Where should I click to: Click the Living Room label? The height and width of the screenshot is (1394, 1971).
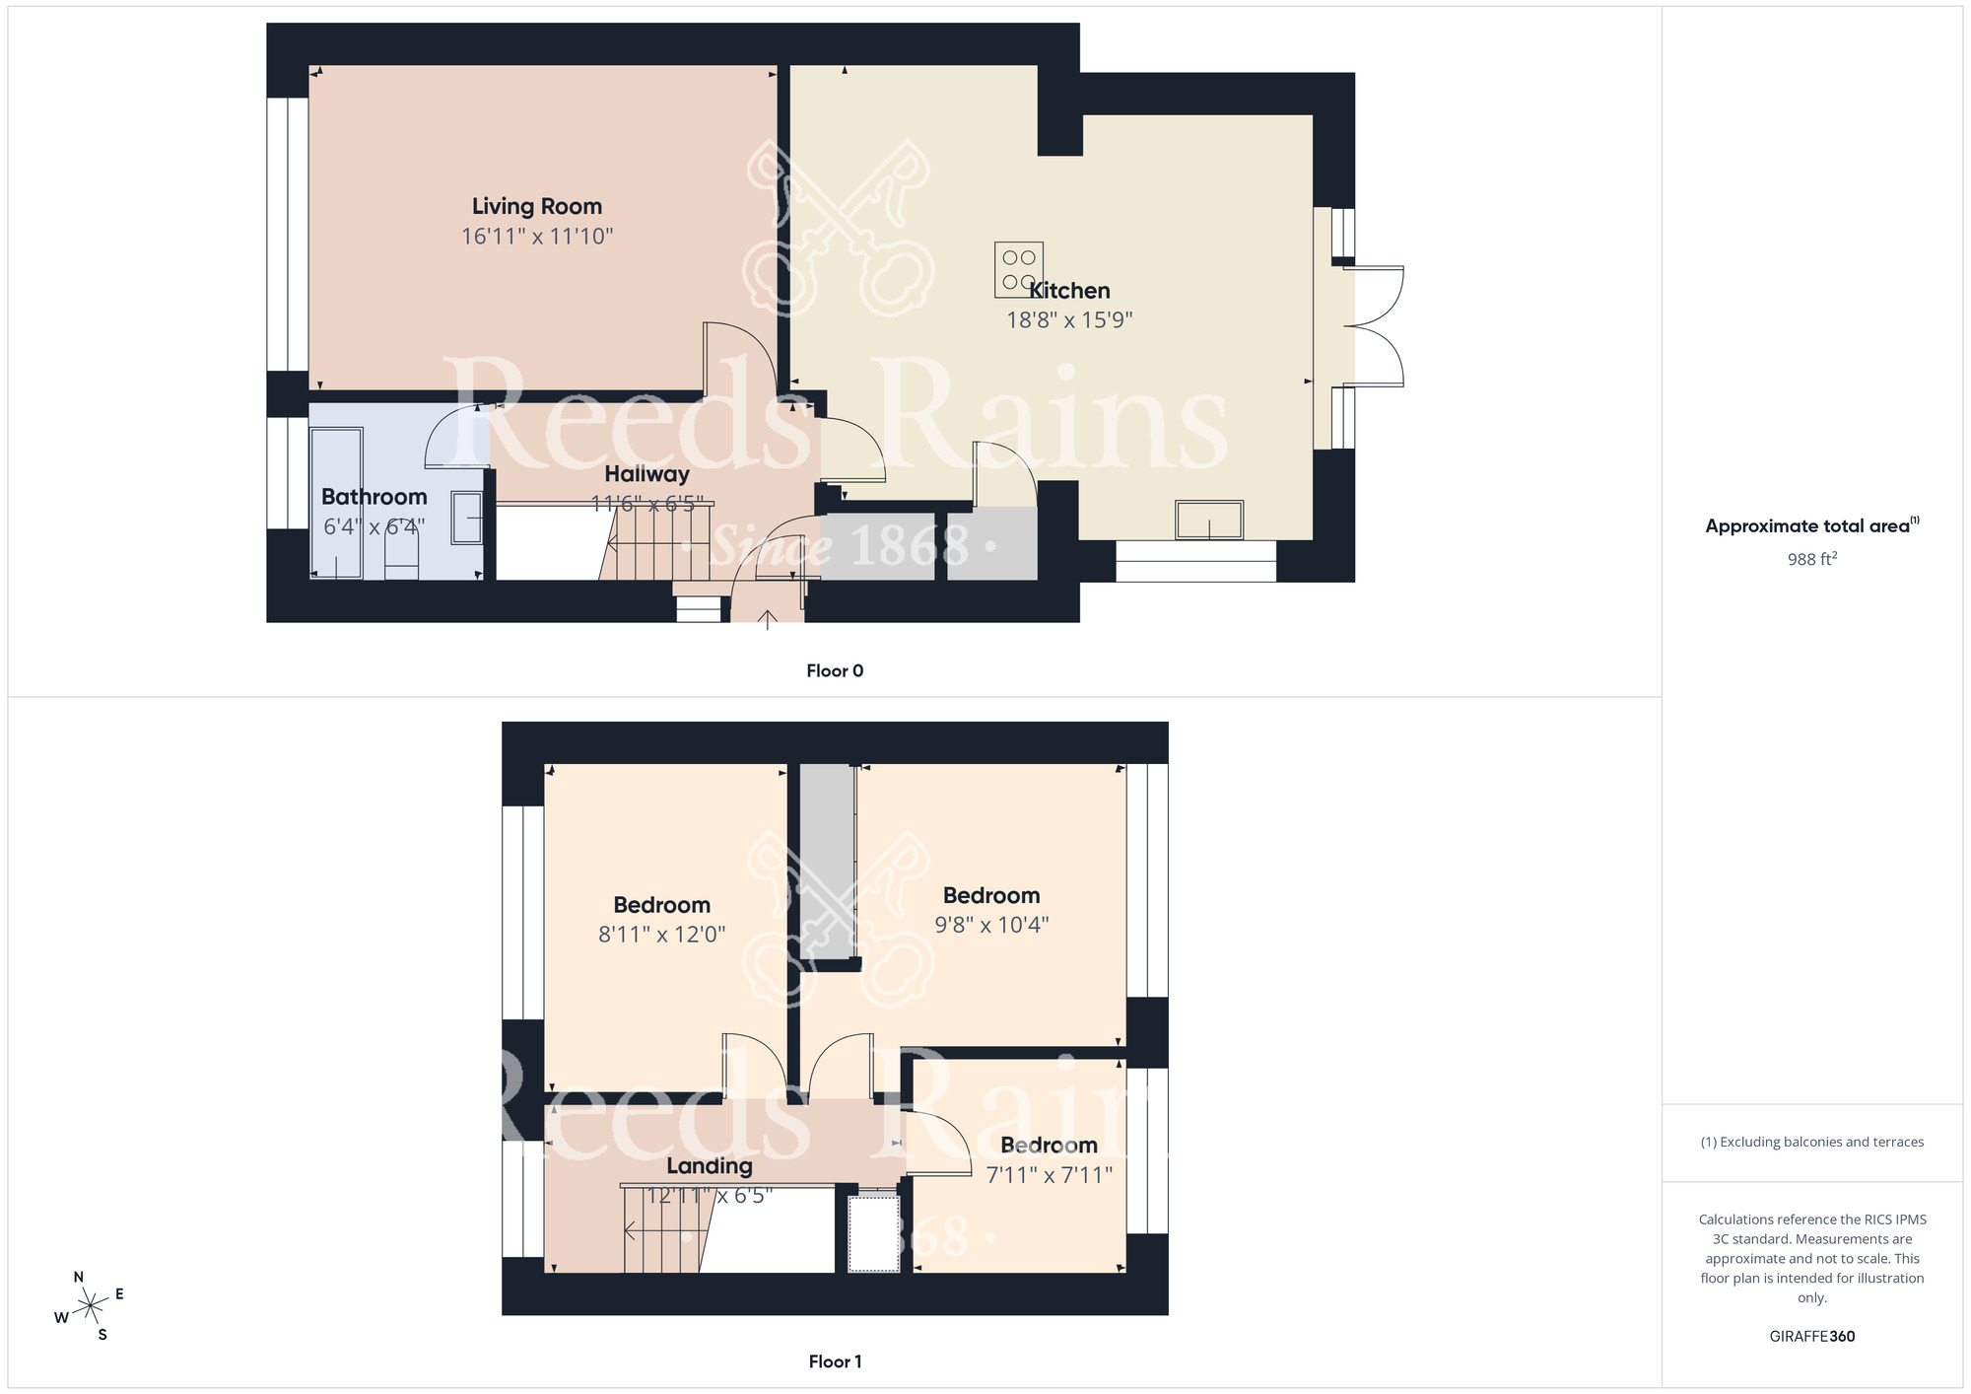536,206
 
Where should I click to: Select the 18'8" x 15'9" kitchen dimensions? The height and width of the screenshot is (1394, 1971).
1069,320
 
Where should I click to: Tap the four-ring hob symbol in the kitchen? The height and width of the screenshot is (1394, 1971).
1018,269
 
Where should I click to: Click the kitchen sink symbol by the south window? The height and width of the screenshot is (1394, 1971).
1208,520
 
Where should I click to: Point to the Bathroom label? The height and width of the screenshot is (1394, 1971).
374,497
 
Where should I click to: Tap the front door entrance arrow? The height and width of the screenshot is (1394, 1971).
768,619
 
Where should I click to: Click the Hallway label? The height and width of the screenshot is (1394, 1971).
646,474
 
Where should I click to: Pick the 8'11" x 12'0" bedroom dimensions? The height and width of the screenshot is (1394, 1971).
661,935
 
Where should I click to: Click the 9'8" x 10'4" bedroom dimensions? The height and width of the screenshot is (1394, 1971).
991,925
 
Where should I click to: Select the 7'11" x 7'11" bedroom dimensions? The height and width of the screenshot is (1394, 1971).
1049,1175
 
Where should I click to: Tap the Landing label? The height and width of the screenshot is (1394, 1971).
709,1166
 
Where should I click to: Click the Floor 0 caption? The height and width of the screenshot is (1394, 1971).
835,671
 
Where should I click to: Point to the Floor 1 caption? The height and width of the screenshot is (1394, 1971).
835,1361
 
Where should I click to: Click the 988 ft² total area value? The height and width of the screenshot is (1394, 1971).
1811,559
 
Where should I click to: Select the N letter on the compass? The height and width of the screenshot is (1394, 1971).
79,1277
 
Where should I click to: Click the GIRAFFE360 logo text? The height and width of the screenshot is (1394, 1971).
1811,1337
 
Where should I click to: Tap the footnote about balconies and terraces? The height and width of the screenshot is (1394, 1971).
1811,1143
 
